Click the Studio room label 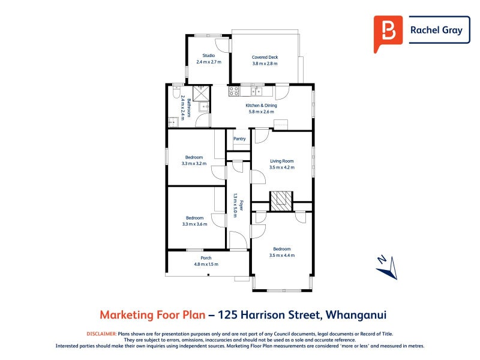tap(208, 55)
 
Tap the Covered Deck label tap(265, 57)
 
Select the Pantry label tap(239, 139)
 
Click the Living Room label tap(281, 161)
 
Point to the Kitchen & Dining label tap(261, 106)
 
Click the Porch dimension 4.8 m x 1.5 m tap(206, 264)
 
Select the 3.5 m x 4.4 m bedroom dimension tap(282, 256)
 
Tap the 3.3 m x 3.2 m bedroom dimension tap(194, 163)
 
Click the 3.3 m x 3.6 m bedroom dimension tap(194, 224)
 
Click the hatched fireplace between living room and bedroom tap(281, 201)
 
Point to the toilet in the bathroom tap(176, 92)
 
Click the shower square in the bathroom tap(202, 94)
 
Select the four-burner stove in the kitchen tap(234, 91)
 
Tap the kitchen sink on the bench tap(257, 91)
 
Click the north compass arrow tap(387, 268)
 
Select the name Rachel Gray tap(436, 30)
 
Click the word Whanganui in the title tap(356, 314)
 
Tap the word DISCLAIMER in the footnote tap(101, 334)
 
